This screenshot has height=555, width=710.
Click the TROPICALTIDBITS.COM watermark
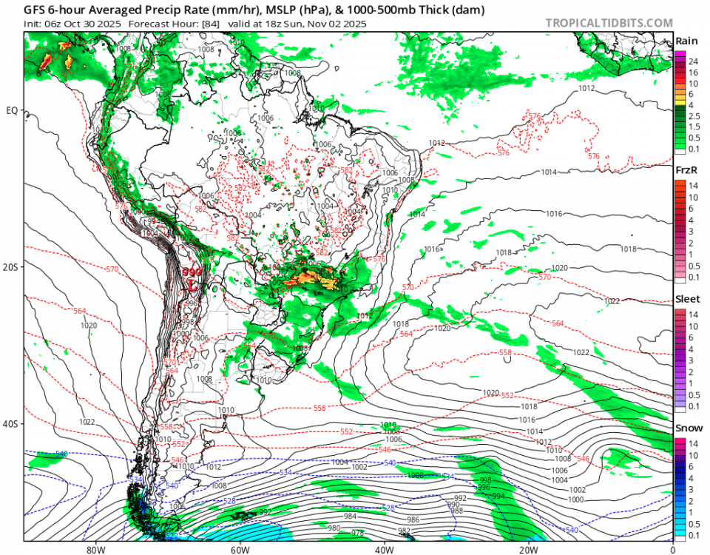(x=609, y=23)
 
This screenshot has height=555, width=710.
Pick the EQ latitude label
(x=12, y=111)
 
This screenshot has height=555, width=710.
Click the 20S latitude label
(x=12, y=267)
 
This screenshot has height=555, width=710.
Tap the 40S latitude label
(x=12, y=424)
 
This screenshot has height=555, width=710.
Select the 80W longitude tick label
(x=94, y=550)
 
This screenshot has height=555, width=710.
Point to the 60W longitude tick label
(x=239, y=550)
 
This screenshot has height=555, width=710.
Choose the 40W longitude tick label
(x=383, y=550)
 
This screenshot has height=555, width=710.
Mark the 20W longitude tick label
(x=528, y=550)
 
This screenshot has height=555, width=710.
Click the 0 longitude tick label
(x=672, y=550)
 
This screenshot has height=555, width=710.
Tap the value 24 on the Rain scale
(x=693, y=61)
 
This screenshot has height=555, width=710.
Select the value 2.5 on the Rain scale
(x=694, y=116)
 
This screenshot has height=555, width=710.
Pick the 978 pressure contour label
(x=357, y=533)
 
